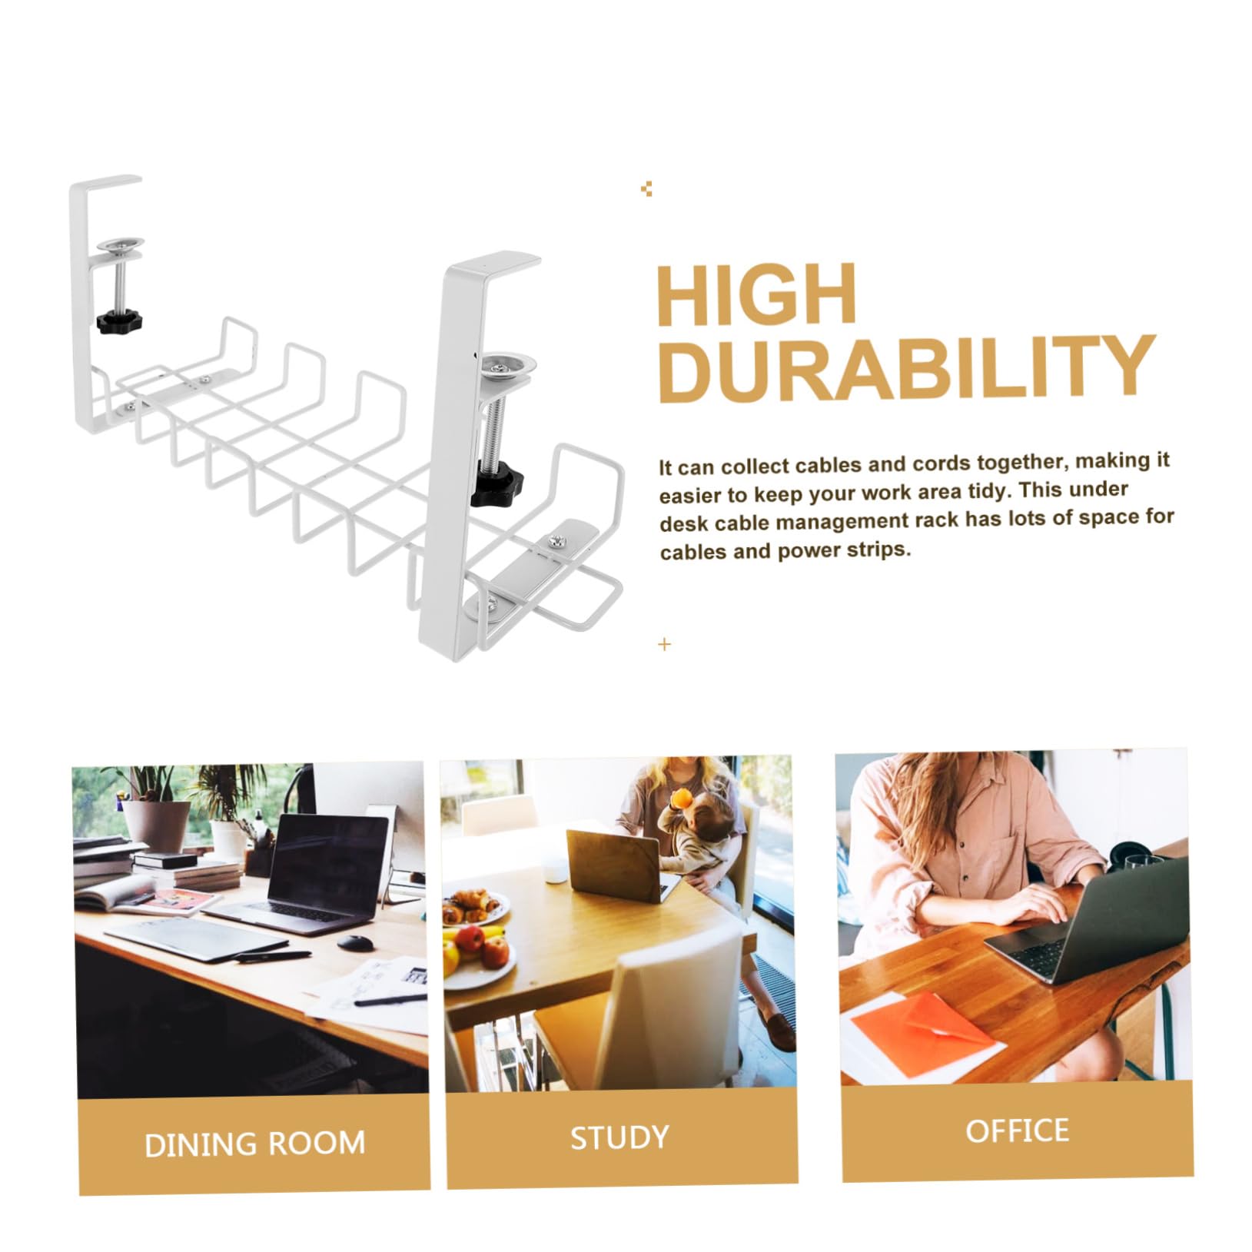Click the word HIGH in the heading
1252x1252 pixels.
click(757, 296)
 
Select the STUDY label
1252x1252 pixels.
click(619, 1137)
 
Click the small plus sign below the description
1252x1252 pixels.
click(665, 644)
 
